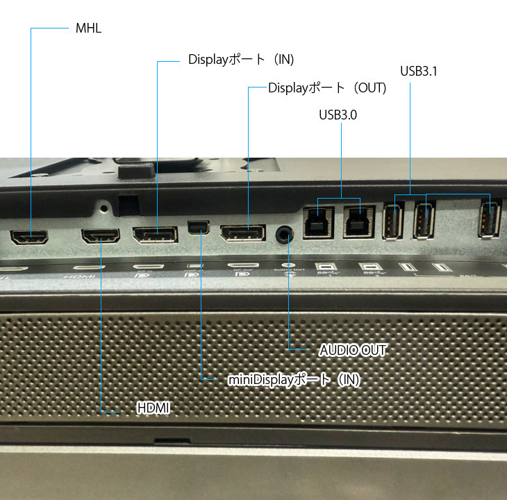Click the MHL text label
pos(88,28)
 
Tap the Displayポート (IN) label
pos(241,60)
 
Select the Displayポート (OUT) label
pos(327,88)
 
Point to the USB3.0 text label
pos(338,115)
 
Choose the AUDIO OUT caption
pos(352,350)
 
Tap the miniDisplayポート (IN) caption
pos(294,380)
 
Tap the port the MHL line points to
pos(30,237)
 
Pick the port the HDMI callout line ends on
pos(101,236)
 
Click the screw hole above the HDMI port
pos(105,206)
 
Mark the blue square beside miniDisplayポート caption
pos(203,380)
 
